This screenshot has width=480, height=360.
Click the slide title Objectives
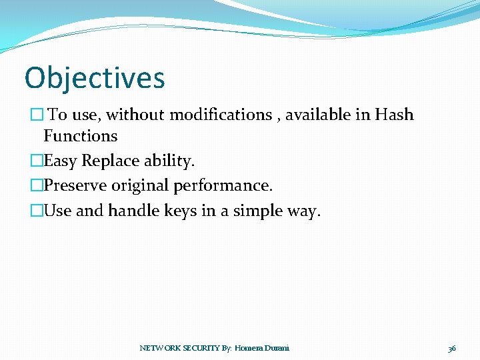click(x=95, y=78)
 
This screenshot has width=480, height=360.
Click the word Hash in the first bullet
click(x=394, y=115)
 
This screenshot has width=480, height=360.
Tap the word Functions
click(x=80, y=136)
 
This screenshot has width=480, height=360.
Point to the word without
click(x=136, y=115)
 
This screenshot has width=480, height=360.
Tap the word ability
click(x=169, y=161)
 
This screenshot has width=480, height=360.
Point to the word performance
click(x=223, y=185)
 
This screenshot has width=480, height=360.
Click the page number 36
click(x=452, y=348)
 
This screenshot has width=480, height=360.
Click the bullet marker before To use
click(x=36, y=115)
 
